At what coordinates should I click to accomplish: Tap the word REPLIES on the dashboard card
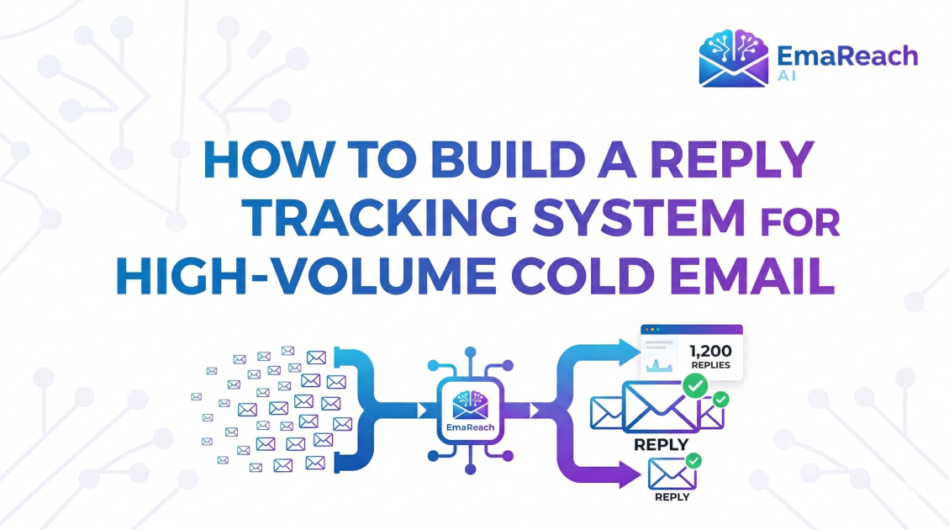pyautogui.click(x=710, y=366)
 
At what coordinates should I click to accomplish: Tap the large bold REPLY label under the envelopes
pyautogui.click(x=661, y=444)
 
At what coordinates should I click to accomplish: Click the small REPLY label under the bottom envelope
pyautogui.click(x=672, y=496)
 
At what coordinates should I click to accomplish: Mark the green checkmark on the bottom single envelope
pyautogui.click(x=693, y=461)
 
